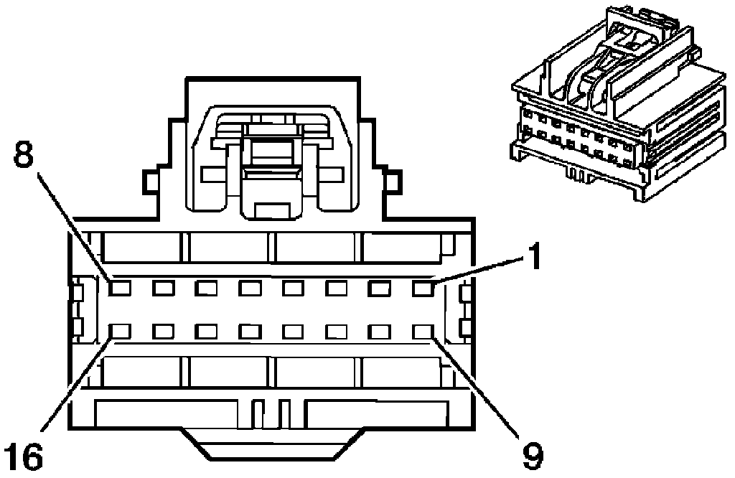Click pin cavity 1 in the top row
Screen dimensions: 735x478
(423, 289)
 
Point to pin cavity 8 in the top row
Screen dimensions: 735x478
(119, 289)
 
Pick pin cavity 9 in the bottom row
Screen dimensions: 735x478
(423, 332)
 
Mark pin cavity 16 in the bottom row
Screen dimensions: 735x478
(119, 332)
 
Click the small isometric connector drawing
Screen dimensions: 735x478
(617, 108)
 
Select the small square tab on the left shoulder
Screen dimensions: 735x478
(151, 181)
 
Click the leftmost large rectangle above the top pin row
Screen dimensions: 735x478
(141, 247)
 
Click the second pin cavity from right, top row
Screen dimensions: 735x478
(380, 289)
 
